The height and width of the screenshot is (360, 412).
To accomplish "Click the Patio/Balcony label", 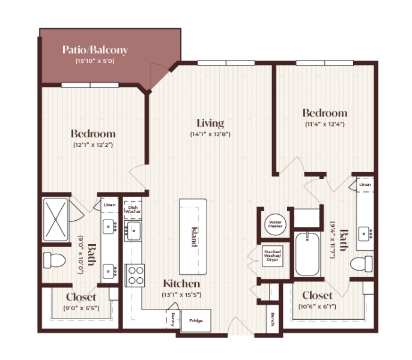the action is pos(95,50).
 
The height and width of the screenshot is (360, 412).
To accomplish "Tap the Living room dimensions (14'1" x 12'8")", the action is pos(210,134).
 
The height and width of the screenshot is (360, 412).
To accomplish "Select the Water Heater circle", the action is pos(275,224).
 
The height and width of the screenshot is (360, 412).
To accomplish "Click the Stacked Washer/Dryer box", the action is pos(273,256).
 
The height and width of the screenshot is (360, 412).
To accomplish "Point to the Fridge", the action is pos(196,320).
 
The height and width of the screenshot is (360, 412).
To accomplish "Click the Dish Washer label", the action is pos(133,209).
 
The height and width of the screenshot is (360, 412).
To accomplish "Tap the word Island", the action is pos(194,237).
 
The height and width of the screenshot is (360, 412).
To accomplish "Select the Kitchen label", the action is pos(181,284).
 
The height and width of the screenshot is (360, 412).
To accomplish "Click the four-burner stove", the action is pos(135,275).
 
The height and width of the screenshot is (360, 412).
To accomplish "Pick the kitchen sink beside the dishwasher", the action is pos(133,231).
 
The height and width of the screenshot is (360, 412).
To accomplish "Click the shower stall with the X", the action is pos(55,220).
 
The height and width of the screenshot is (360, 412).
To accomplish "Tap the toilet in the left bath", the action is pos(54,260).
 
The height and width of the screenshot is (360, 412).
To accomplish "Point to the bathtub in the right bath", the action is pos(307,254).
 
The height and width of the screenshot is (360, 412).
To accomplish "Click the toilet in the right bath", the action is pos(362,263).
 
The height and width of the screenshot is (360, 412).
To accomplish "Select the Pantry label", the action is pos(173,320).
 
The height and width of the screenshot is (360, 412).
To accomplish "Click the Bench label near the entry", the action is pos(273,319).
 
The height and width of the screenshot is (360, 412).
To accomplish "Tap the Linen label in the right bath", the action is pos(365,185).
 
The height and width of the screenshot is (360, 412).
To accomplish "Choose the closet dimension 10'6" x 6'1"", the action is pos(317,307).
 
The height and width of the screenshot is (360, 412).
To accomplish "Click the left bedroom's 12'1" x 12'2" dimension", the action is pos(93,145).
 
